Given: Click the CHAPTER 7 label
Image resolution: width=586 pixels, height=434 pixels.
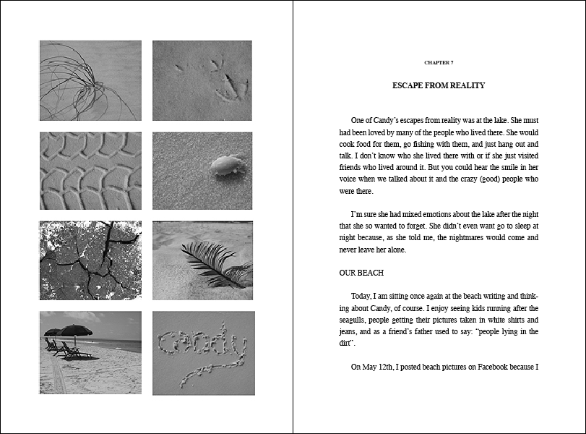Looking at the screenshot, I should tap(439, 63).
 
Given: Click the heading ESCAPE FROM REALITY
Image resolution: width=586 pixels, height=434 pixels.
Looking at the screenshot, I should tap(439, 85).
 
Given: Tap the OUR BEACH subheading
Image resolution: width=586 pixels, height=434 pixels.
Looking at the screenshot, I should tap(361, 273).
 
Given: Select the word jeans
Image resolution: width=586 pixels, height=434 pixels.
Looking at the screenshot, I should tap(350, 331).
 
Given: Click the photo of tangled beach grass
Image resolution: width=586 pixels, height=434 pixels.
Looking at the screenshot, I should tap(90, 80).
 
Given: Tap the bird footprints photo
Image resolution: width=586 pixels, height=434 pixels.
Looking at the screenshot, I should tap(202, 80).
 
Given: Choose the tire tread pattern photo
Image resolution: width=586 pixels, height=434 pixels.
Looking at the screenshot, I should tap(90, 170).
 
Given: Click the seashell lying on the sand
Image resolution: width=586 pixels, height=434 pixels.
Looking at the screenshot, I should tap(225, 166).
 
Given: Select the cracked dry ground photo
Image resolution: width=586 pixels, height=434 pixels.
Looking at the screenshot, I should tap(90, 260).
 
